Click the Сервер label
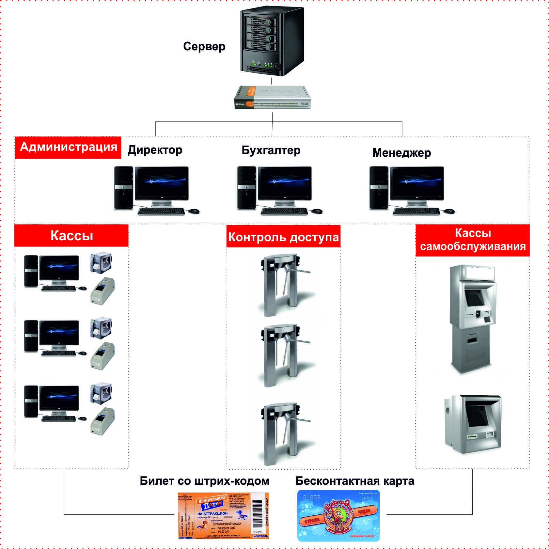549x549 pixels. (x=204, y=47)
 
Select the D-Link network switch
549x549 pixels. (x=273, y=97)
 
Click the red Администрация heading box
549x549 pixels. (x=68, y=148)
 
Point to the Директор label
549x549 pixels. (x=155, y=150)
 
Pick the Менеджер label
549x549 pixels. (x=401, y=153)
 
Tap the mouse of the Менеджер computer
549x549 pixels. (x=449, y=211)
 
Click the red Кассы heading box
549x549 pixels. (x=71, y=235)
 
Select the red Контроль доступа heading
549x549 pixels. (x=283, y=237)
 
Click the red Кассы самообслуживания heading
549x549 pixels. (x=472, y=240)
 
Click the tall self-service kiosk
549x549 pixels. (x=472, y=318)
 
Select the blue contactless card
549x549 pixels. (x=338, y=516)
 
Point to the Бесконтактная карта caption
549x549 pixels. (x=355, y=481)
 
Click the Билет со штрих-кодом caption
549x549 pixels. (x=205, y=481)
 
